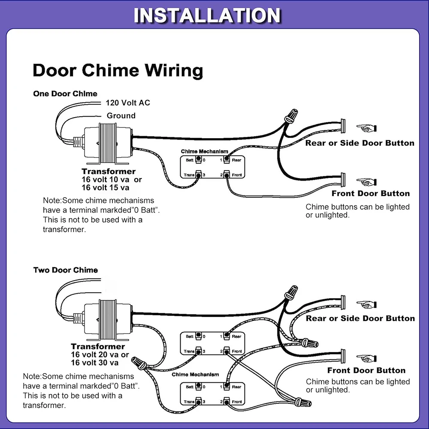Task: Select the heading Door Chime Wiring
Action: tap(118, 70)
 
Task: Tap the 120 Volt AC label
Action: tap(128, 103)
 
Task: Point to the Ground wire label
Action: tap(121, 116)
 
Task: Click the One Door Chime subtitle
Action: tap(65, 94)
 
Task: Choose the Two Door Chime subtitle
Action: tap(66, 270)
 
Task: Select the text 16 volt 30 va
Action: tap(95, 363)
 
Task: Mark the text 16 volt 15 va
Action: tap(106, 187)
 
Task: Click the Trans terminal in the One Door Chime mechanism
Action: tap(199, 175)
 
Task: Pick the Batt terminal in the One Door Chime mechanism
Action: tap(199, 160)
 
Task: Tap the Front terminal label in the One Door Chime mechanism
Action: tap(237, 175)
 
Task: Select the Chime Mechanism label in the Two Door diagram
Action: tap(195, 375)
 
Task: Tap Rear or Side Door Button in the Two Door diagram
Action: tap(360, 318)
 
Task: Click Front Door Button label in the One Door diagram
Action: tap(371, 193)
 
